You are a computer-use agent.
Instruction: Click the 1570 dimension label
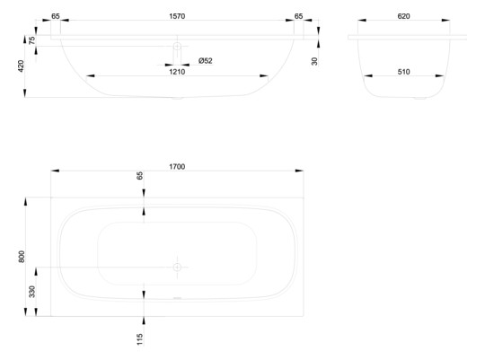click(x=177, y=16)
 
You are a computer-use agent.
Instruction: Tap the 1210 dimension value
click(x=177, y=72)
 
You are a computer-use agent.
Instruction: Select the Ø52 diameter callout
click(x=206, y=61)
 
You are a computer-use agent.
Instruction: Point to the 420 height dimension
click(x=21, y=66)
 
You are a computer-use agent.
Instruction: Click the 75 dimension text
click(x=31, y=40)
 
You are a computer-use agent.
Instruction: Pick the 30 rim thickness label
click(x=314, y=61)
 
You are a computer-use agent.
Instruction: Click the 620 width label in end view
click(x=403, y=16)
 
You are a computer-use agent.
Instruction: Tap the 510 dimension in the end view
click(x=403, y=72)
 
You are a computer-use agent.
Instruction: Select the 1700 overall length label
click(x=177, y=167)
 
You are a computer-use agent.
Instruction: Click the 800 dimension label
click(x=22, y=257)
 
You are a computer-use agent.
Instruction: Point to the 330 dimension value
click(x=31, y=292)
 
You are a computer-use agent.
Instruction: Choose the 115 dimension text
click(x=140, y=339)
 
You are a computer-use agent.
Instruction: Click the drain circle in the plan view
click(x=177, y=268)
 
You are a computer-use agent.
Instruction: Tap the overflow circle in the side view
click(x=177, y=47)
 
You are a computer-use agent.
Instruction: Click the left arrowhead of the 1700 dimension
click(x=55, y=171)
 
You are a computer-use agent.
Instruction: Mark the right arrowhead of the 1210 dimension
click(x=264, y=75)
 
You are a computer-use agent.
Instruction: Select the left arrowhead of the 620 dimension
click(x=362, y=20)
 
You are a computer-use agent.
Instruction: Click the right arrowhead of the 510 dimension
click(x=439, y=75)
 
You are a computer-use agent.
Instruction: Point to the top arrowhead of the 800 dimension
click(x=25, y=201)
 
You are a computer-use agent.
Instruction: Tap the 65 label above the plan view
click(x=140, y=176)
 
